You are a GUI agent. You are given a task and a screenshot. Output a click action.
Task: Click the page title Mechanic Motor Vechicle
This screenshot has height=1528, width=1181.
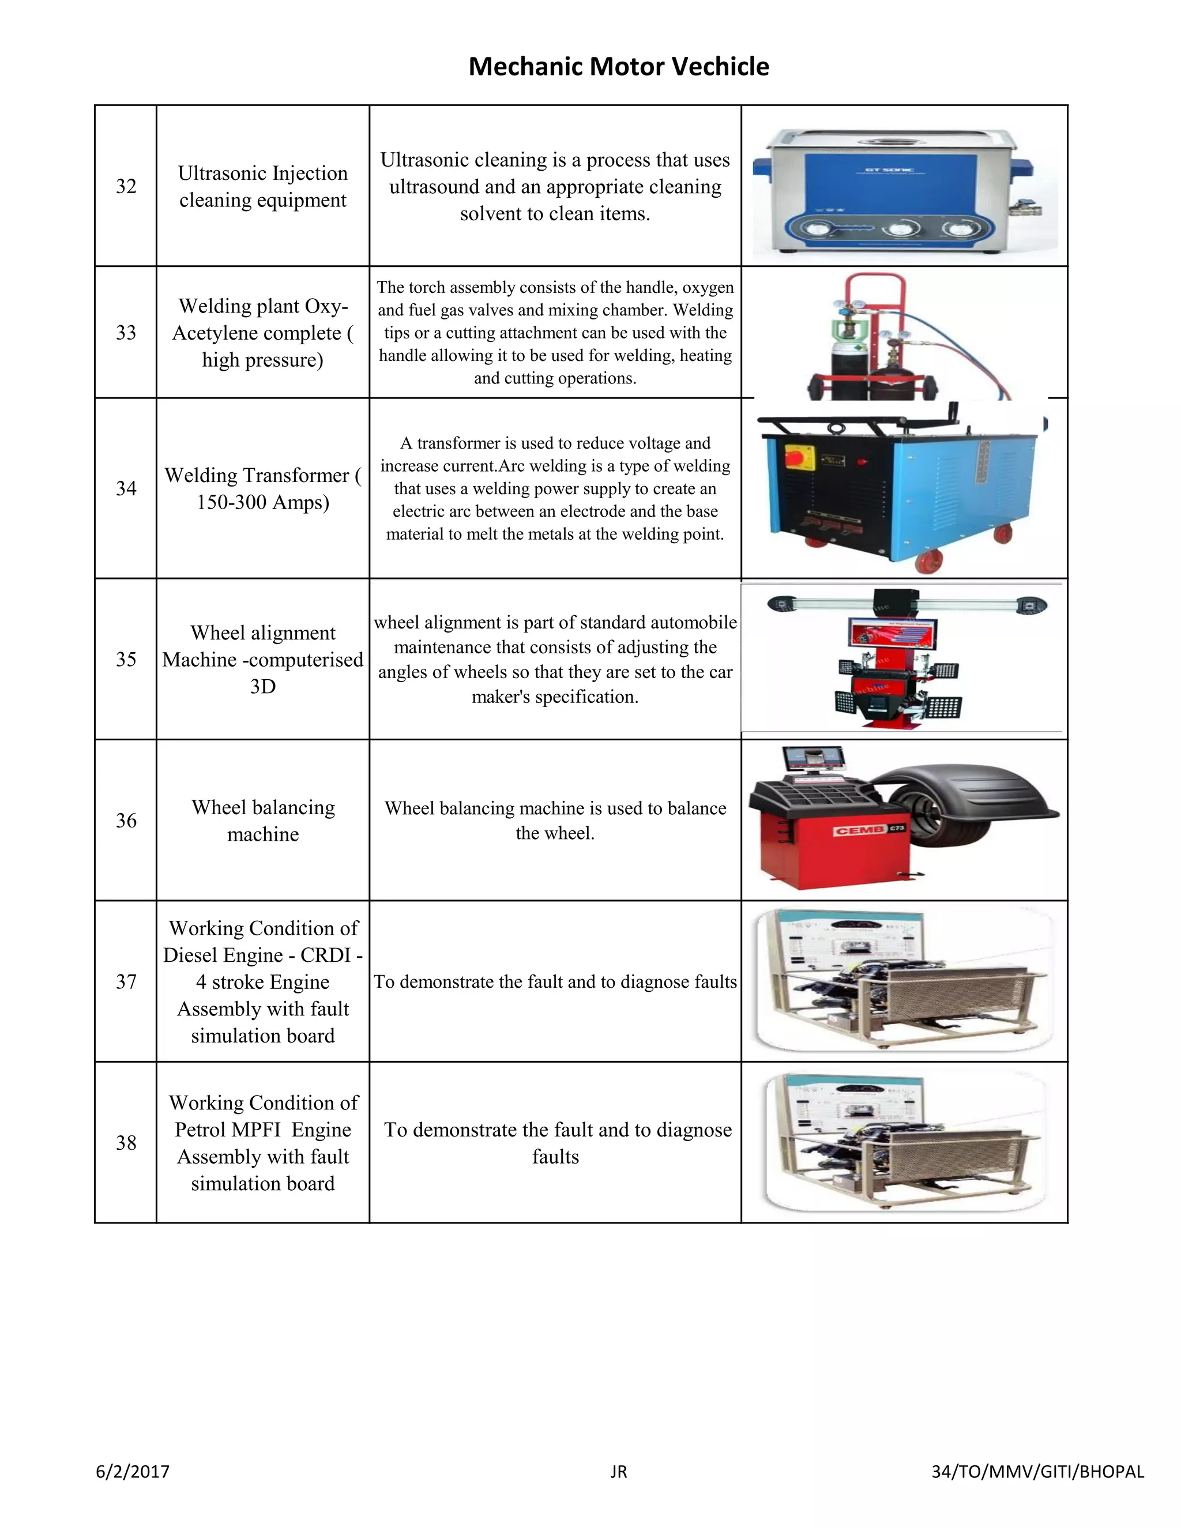pyautogui.click(x=619, y=66)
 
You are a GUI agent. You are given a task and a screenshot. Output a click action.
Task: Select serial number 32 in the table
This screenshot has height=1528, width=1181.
pyautogui.click(x=126, y=186)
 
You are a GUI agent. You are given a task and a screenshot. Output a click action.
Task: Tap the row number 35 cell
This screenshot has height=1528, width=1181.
pyautogui.click(x=126, y=659)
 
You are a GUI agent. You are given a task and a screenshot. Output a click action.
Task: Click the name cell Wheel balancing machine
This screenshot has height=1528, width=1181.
pyautogui.click(x=263, y=821)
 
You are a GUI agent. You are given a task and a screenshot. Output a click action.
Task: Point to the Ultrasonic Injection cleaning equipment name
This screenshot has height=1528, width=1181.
pyautogui.click(x=263, y=186)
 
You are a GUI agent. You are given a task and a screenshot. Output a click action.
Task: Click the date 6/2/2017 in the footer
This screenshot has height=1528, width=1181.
pyautogui.click(x=133, y=1471)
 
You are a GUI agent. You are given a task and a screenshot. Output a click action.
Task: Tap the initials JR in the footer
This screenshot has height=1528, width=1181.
pyautogui.click(x=619, y=1471)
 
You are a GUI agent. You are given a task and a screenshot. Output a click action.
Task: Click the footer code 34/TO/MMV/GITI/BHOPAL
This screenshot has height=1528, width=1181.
pyautogui.click(x=1037, y=1471)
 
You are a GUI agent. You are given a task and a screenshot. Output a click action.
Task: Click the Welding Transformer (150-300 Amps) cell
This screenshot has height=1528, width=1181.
pyautogui.click(x=263, y=488)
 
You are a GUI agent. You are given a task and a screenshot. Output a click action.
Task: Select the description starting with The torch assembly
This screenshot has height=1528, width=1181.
pyautogui.click(x=555, y=332)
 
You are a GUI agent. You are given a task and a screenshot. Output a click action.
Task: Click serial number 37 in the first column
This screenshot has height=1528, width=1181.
pyautogui.click(x=126, y=981)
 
